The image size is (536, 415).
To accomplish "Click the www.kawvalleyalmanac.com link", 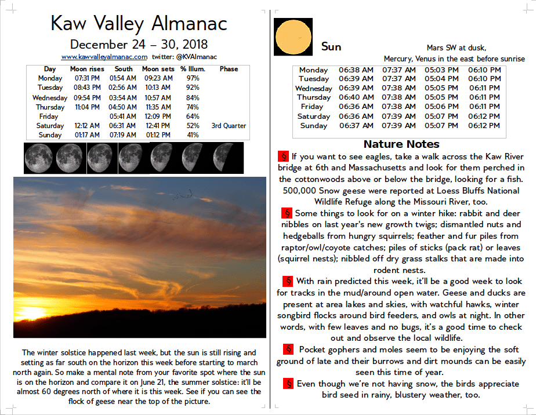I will [x=104, y=57].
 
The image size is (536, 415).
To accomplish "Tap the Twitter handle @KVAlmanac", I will [x=194, y=57].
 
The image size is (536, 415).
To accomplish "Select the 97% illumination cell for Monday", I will [x=193, y=78].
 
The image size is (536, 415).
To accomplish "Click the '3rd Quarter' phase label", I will [x=229, y=126].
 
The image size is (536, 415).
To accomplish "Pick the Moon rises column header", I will [x=87, y=69].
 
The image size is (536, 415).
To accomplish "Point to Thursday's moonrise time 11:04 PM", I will [x=87, y=107].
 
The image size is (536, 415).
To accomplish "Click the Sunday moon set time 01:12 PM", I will [x=157, y=135].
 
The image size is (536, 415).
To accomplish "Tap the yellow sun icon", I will [x=294, y=36].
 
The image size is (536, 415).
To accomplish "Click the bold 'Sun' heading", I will [x=331, y=47].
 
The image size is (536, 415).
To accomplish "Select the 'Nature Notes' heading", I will [x=401, y=144].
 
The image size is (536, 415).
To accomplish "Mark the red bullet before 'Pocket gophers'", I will [x=288, y=350].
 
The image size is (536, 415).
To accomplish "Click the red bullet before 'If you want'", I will [x=284, y=156].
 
